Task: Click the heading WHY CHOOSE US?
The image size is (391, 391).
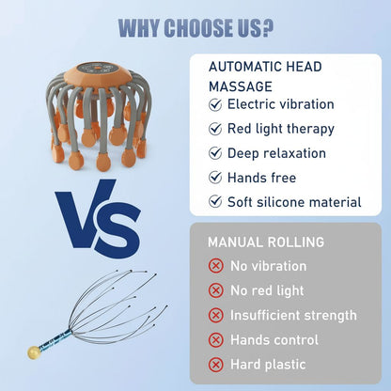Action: [195, 26]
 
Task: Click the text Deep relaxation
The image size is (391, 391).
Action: [276, 153]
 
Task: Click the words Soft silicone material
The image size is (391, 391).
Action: [294, 202]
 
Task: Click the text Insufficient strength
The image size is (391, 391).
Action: [294, 315]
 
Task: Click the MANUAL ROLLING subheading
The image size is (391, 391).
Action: [266, 242]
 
